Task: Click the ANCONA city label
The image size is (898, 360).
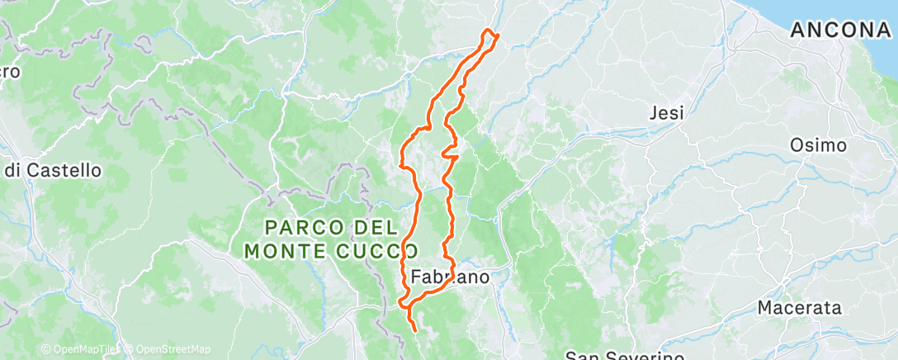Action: coord(841,31)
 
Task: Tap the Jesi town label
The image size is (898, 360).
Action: coord(667,113)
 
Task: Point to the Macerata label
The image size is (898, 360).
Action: coord(800,308)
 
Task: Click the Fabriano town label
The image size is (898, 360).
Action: coord(450,277)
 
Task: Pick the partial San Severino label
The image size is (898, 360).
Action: coord(625,356)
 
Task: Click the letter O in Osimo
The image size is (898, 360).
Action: coord(796,145)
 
